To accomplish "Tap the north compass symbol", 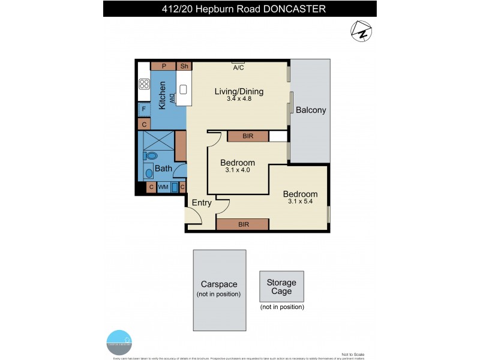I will (361, 31).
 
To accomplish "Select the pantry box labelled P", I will (163, 66).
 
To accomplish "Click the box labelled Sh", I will (184, 66).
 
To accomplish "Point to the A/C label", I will (238, 68).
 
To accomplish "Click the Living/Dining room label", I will (239, 92).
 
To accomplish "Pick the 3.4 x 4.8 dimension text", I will (239, 101).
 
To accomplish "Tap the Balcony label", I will (311, 110).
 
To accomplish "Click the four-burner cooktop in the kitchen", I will (144, 84).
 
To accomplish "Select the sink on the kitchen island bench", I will (184, 91).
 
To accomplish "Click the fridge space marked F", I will (144, 110).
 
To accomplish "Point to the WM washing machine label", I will (163, 188).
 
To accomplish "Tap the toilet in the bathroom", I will (151, 155).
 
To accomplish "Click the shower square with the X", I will (157, 142).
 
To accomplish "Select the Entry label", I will (202, 203).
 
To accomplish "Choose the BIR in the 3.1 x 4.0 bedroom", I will (248, 136).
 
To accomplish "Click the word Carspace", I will (219, 284).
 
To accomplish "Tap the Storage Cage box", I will (281, 287).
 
